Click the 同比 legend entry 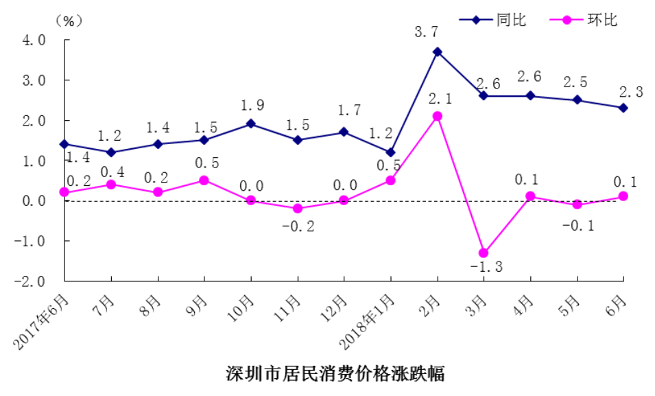point(493,20)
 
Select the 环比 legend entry point(584,20)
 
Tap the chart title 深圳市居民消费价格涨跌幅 point(335,373)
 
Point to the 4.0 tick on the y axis point(34,40)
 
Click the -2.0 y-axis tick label point(29,281)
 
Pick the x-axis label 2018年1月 point(366,321)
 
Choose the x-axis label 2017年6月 point(40,321)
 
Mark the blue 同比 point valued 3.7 point(438,52)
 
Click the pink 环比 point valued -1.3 point(484,253)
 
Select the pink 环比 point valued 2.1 point(438,116)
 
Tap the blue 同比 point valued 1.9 point(251,124)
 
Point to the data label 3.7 point(427,32)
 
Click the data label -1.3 point(486,267)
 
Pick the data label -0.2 point(298,226)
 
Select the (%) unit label point(69,21)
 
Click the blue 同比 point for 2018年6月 point(623,108)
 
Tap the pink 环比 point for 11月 point(298,208)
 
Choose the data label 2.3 point(631,92)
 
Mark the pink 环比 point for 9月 point(204,180)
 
